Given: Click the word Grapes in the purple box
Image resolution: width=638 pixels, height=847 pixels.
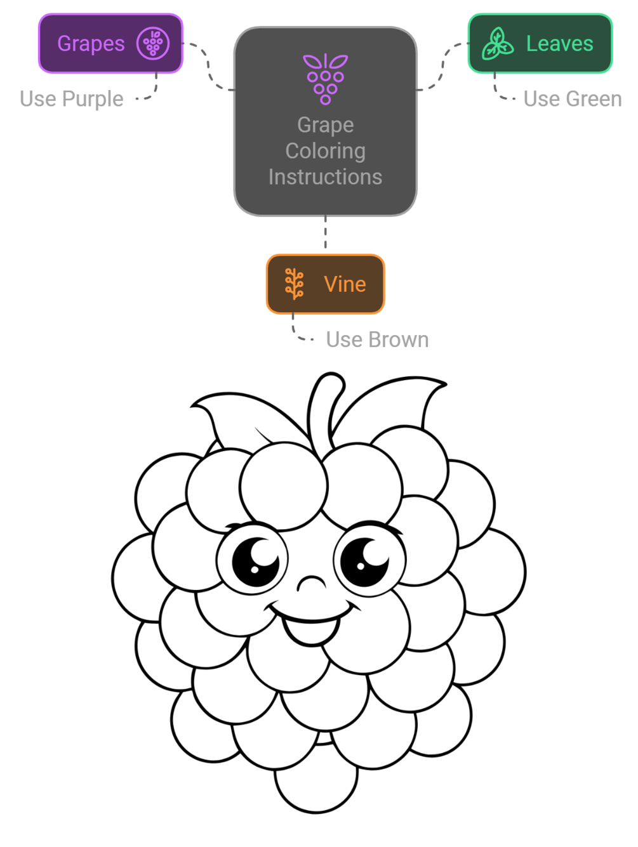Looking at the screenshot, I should pyautogui.click(x=91, y=44).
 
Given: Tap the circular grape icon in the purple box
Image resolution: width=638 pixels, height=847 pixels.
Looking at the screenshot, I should pyautogui.click(x=153, y=44).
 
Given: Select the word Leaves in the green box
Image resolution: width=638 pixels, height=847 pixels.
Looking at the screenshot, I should pyautogui.click(x=559, y=44).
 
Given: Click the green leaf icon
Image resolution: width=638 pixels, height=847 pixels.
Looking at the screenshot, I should pyautogui.click(x=497, y=44).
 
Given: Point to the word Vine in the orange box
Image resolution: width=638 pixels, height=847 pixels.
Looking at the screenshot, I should pyautogui.click(x=345, y=284).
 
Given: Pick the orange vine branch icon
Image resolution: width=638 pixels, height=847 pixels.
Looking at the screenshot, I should pyautogui.click(x=294, y=284).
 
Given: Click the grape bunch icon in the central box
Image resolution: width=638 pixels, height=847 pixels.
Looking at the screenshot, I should pyautogui.click(x=325, y=79).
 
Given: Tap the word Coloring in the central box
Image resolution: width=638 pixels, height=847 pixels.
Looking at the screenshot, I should pyautogui.click(x=325, y=151).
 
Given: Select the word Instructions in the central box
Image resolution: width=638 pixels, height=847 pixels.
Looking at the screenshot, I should pyautogui.click(x=325, y=177).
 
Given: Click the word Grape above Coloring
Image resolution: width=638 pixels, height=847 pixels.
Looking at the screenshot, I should pyautogui.click(x=325, y=125).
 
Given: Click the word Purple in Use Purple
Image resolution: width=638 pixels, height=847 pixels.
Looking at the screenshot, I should pyautogui.click(x=93, y=99).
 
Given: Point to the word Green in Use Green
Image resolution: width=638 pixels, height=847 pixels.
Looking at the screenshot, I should pyautogui.click(x=594, y=99).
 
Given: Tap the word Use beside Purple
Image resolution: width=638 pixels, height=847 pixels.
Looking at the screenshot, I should pyautogui.click(x=37, y=99).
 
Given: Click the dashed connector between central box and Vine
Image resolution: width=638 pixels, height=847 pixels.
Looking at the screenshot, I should pyautogui.click(x=325, y=235).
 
